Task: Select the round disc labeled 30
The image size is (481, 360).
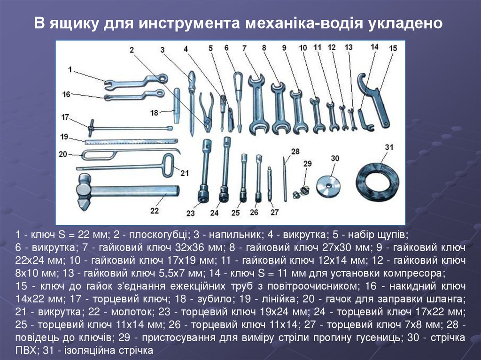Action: (328, 186)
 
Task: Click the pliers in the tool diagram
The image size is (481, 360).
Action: (206, 110)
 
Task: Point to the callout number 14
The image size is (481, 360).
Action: (374, 47)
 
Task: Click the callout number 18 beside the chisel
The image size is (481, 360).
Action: (154, 113)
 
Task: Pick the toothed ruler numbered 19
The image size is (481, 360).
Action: (131, 141)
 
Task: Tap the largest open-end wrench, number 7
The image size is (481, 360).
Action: (256, 104)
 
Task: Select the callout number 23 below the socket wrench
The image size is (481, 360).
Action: (191, 213)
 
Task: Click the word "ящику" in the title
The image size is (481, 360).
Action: (75, 23)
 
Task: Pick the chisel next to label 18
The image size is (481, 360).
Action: (177, 106)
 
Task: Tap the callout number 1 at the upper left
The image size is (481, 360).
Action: (70, 69)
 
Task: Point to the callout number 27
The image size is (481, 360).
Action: (274, 212)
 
